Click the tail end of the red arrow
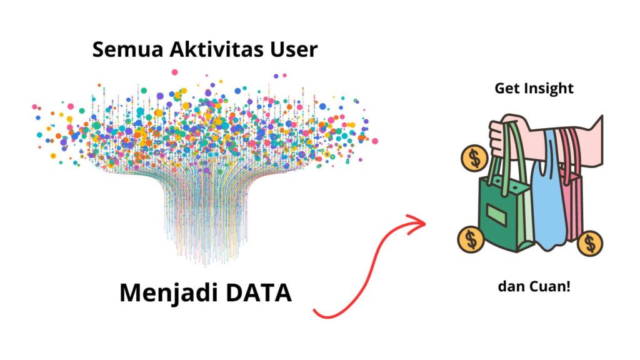pos(314,310)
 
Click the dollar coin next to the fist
pos(475,159)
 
